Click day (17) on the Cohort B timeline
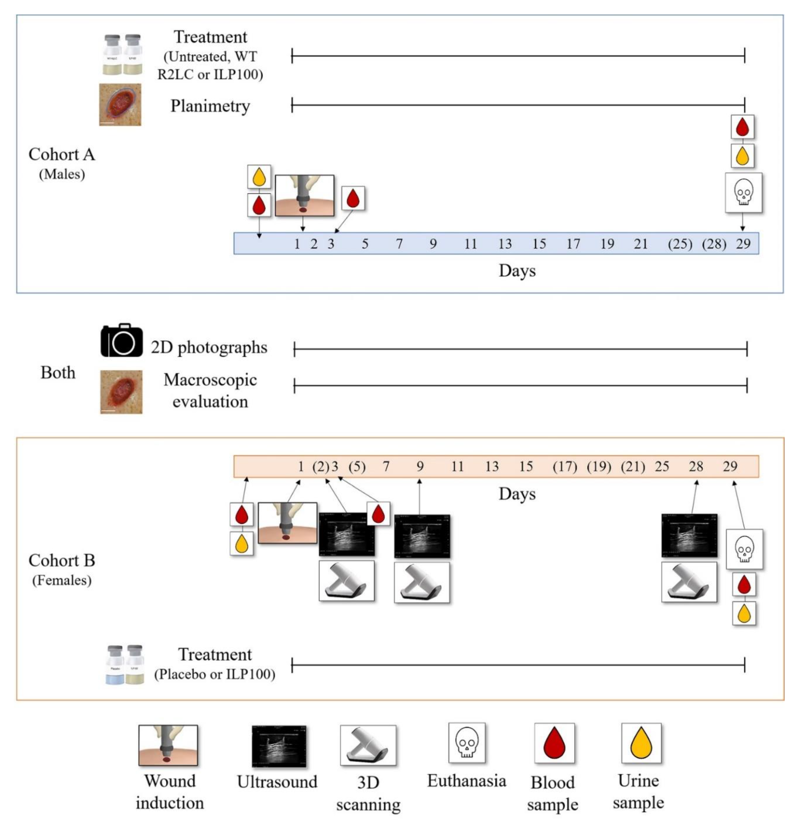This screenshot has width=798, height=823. pyautogui.click(x=565, y=467)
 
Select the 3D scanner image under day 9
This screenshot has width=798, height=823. pyautogui.click(x=422, y=582)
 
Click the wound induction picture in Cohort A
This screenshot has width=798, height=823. pyautogui.click(x=305, y=196)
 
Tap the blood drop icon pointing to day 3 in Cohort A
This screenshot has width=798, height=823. pyautogui.click(x=353, y=198)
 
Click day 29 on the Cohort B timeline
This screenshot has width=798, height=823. pyautogui.click(x=730, y=467)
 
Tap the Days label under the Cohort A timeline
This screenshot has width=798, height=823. pyautogui.click(x=517, y=271)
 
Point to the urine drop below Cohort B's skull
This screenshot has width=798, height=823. pyautogui.click(x=744, y=613)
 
